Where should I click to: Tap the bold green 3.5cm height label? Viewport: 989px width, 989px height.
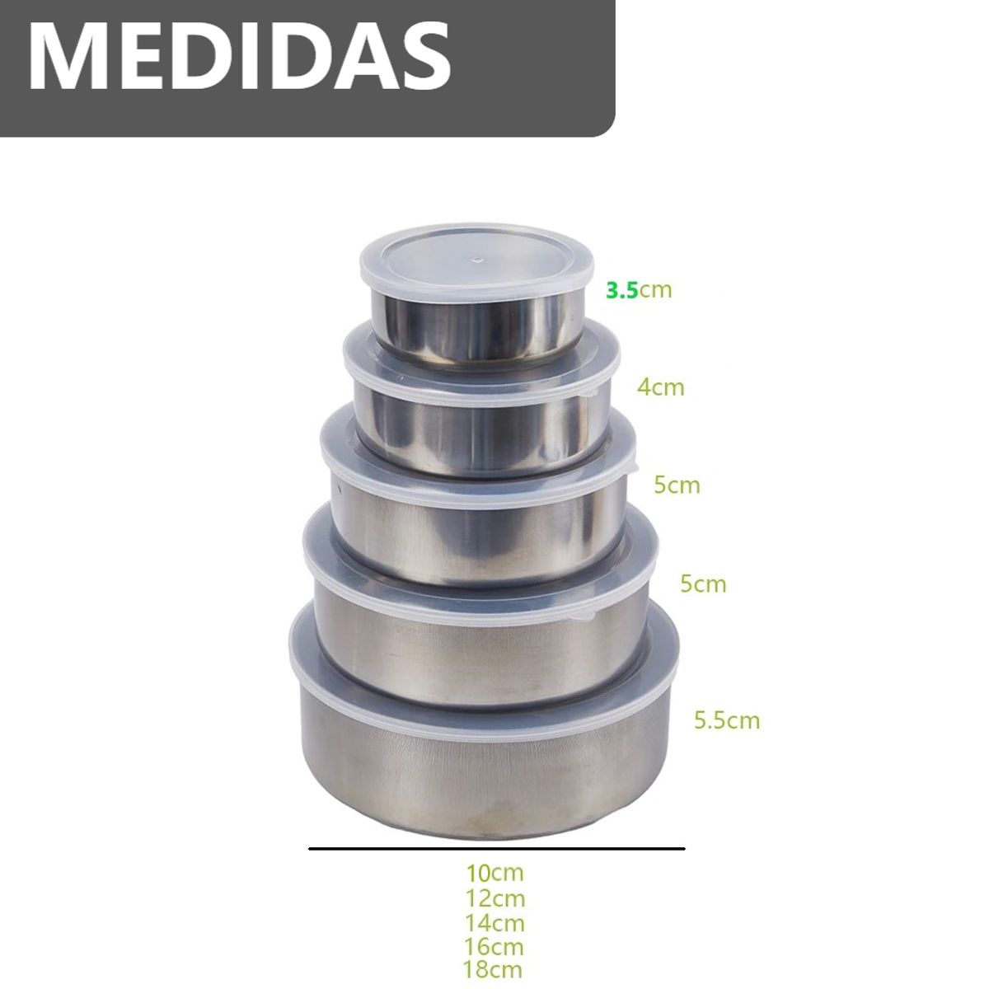(x=639, y=290)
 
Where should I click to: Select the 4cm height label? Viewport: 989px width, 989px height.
(x=660, y=387)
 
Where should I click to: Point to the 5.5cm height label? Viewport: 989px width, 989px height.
(x=727, y=720)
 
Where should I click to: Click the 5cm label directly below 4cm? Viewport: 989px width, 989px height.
(x=677, y=485)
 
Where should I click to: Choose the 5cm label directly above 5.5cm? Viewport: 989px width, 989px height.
(x=703, y=584)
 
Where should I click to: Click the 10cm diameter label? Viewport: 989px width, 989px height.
(x=494, y=873)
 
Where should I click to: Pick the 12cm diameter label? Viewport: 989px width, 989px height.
(x=494, y=898)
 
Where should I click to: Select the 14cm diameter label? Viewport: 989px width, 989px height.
(x=494, y=923)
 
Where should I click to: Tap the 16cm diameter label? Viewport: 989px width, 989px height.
(x=494, y=947)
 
